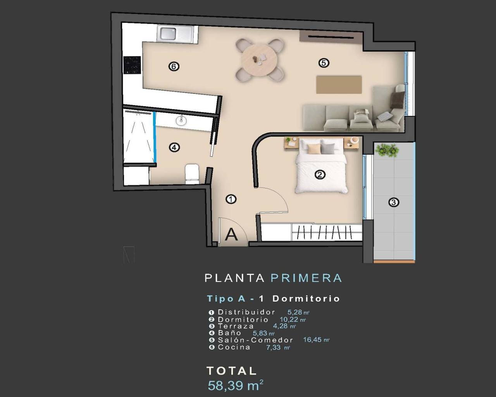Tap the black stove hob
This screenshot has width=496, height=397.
pos(131,65)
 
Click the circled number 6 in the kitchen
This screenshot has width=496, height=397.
pos(174,67)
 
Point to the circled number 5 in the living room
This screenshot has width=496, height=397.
pos(324,62)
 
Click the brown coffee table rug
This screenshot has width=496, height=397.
pos(339,85)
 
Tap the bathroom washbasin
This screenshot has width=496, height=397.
pos(181,120)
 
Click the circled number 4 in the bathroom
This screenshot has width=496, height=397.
pos(174,147)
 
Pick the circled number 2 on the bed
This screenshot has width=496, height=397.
pos(320,174)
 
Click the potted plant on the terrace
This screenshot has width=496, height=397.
pos(387,150)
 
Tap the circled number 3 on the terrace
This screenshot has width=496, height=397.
pos(393,202)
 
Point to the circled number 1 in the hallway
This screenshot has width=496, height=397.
pos(231,199)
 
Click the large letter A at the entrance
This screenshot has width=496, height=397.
pos(231,235)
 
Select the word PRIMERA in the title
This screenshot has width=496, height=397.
pos(306,278)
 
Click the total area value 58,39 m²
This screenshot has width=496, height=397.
pos(236,385)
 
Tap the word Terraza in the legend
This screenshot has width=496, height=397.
pos(236,326)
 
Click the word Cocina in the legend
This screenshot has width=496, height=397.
pos(234,347)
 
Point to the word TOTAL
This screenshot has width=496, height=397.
pos(232,371)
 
